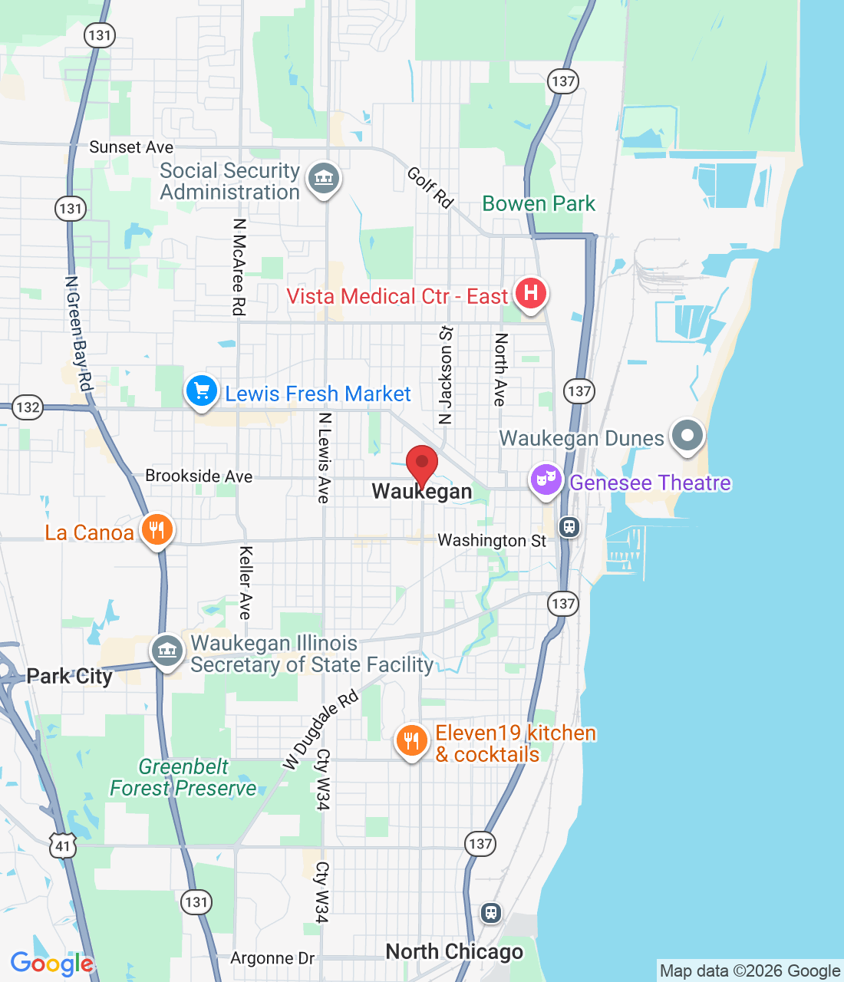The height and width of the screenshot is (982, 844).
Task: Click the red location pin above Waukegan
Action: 421,463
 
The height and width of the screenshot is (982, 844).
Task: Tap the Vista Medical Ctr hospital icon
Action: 530,293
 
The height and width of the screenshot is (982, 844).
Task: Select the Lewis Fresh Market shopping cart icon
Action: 202,392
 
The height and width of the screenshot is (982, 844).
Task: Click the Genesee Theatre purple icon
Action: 546,479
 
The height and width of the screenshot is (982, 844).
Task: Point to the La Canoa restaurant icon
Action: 157,530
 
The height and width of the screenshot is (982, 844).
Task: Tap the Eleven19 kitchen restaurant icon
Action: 411,740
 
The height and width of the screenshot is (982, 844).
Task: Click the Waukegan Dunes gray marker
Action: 687,436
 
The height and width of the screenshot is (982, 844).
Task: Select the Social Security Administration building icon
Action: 323,179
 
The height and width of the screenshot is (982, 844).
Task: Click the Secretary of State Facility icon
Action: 166,651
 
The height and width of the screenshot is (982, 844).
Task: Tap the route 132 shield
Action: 28,407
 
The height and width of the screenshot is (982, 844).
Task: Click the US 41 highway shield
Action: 62,847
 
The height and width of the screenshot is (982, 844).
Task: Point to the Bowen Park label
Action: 539,203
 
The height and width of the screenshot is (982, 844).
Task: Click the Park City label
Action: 69,676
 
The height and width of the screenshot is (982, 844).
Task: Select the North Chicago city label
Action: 454,951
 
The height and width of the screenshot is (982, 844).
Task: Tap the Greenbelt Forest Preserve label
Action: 183,777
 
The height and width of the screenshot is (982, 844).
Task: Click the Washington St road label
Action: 491,540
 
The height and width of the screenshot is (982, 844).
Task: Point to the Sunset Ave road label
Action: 131,147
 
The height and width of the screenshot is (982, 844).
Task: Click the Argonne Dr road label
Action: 272,957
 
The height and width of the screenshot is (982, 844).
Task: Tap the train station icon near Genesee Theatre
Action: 569,527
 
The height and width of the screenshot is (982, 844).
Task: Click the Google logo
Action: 51,964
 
